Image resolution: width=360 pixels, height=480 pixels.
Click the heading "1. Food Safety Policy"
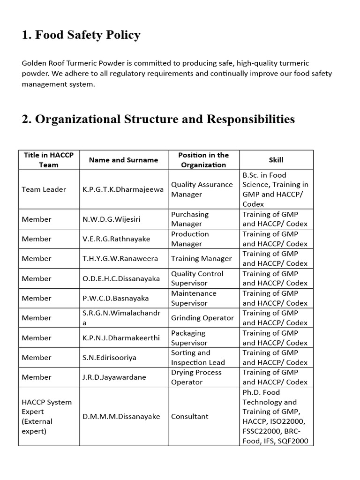tap(81, 35)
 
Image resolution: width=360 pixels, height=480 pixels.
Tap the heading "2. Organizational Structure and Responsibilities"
tap(158, 119)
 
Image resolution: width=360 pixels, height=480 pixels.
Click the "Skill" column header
tap(276, 160)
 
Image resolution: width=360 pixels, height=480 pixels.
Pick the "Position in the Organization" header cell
tap(203, 160)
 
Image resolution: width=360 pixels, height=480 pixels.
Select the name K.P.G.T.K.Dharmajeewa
tap(123, 189)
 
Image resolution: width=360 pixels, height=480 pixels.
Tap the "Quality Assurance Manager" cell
tap(202, 189)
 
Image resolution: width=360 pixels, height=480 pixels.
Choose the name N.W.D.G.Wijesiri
tap(111, 219)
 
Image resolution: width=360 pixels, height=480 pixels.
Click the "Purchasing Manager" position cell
tap(190, 219)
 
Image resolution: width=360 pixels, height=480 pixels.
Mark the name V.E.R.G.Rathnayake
tap(116, 239)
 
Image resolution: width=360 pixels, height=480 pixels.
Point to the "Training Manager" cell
tap(202, 259)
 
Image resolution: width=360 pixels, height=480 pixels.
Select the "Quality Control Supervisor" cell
tap(197, 278)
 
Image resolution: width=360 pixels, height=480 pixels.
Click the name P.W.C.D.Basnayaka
tap(115, 298)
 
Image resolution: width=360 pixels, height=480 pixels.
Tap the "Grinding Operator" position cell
tap(202, 318)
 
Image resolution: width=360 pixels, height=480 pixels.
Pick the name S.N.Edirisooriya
tap(109, 358)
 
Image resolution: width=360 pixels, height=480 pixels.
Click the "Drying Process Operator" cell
tap(196, 377)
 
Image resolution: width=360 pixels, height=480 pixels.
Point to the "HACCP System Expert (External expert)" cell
tap(47, 416)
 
